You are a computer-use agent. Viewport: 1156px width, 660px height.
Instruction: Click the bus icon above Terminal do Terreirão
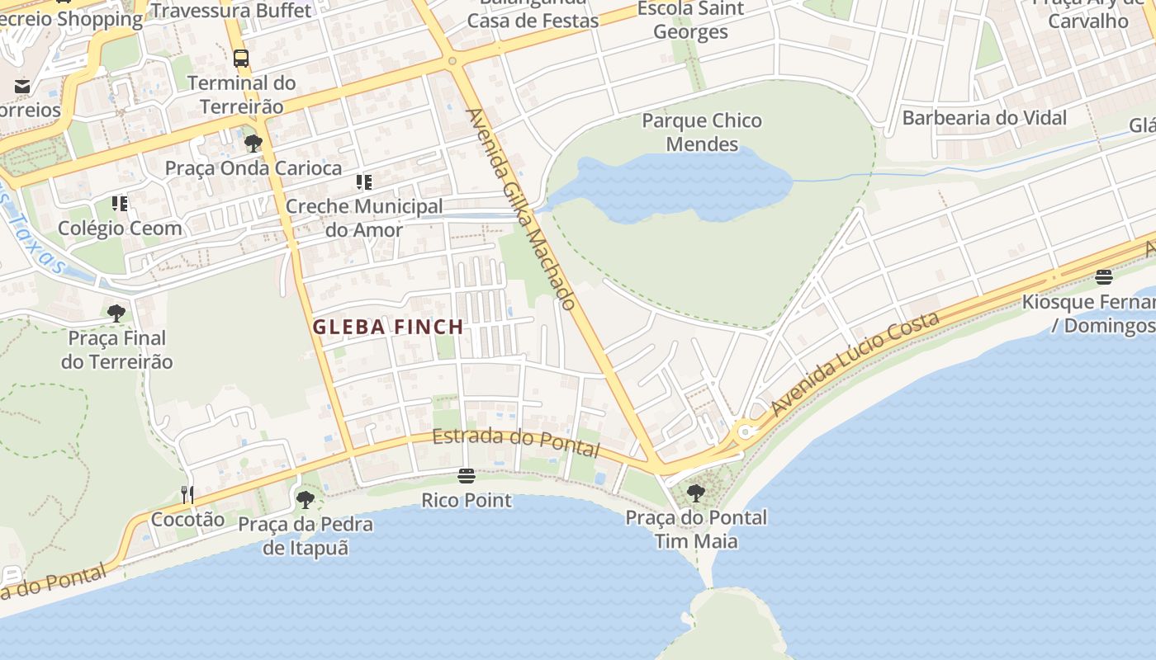point(241,59)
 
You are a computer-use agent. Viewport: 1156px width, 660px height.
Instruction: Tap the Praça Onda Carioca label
point(253,168)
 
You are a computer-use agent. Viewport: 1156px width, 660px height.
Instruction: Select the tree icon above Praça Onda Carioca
point(253,144)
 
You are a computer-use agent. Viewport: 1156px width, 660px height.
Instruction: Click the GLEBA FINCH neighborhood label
point(387,327)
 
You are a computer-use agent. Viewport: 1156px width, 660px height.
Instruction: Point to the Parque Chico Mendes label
point(702,132)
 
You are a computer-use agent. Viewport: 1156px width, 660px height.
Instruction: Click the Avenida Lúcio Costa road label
point(855,363)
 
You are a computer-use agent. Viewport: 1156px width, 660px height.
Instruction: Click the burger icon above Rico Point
point(467,476)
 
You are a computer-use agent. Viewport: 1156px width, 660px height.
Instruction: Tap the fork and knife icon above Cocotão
point(187,494)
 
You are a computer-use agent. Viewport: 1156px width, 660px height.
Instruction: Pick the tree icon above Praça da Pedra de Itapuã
point(306,499)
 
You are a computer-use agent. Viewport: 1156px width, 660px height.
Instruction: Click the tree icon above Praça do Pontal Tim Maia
point(696,493)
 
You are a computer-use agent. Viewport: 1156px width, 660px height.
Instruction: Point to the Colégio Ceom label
point(120,228)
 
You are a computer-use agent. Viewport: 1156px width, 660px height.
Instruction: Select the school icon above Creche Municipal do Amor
point(364,181)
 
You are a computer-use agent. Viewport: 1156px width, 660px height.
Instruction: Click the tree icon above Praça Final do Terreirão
point(116,313)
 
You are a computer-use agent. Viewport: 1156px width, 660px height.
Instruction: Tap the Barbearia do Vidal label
point(984,118)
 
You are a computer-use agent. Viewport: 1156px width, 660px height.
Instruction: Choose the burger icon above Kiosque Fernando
point(1104,276)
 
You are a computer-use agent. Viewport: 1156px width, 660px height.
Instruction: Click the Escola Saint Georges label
point(690,21)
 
